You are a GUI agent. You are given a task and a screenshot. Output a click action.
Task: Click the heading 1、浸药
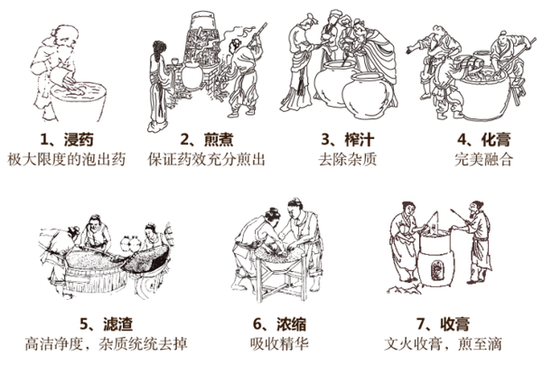tap(67, 140)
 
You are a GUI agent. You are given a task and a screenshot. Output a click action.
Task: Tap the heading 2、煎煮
tap(207, 140)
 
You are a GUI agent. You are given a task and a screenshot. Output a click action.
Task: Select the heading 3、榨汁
tap(348, 140)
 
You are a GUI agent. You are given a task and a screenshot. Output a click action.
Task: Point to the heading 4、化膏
tap(483, 140)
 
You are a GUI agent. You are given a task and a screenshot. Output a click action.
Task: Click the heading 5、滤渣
tap(106, 323)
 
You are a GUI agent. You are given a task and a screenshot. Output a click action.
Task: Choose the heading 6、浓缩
tap(280, 323)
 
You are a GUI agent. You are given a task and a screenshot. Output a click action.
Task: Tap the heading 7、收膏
tap(443, 323)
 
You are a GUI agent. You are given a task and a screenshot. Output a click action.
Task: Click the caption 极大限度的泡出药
tap(66, 159)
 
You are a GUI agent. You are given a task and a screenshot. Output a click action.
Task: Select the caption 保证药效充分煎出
tap(207, 159)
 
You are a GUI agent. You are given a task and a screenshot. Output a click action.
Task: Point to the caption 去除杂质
tap(348, 159)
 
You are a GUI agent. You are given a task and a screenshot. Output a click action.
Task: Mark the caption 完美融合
tap(483, 159)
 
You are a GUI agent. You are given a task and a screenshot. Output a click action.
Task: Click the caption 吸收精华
tap(280, 344)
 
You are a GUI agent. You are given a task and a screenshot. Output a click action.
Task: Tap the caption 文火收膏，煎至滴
tap(443, 344)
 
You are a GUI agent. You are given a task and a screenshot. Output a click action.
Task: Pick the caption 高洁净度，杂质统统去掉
tap(106, 344)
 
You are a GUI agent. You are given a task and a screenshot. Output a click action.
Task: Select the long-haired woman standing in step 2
tap(158, 87)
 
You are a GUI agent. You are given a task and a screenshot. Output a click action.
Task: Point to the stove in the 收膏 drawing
tap(435, 259)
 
